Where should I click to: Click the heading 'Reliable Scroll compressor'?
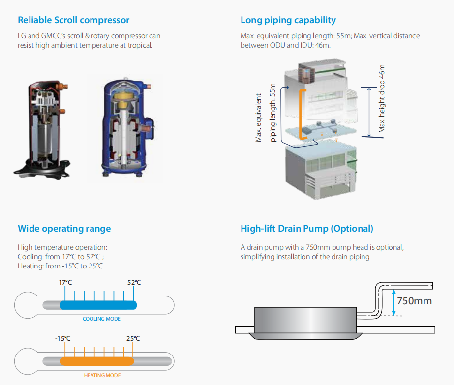(74, 20)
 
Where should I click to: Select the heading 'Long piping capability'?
(288, 20)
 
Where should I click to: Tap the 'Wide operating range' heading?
(64, 229)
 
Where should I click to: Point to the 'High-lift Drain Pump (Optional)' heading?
(307, 229)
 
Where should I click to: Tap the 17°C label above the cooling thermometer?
(65, 282)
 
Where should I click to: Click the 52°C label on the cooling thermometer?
(134, 282)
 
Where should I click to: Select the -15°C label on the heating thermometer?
(62, 338)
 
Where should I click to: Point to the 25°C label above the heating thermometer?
(133, 338)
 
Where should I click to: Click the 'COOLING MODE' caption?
(101, 319)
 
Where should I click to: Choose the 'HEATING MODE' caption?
(102, 375)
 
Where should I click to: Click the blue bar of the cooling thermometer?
(98, 305)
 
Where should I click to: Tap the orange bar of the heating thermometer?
(97, 361)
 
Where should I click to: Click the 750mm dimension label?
(414, 301)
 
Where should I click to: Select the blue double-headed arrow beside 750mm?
(394, 302)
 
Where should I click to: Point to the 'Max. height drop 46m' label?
(382, 98)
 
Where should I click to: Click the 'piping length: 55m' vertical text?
(272, 113)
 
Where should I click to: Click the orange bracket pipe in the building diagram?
(301, 115)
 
